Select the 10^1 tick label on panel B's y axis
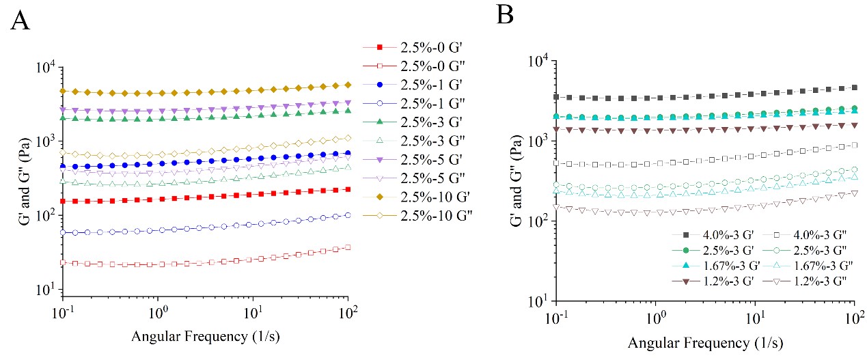click(540, 301)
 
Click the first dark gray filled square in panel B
click(557, 97)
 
